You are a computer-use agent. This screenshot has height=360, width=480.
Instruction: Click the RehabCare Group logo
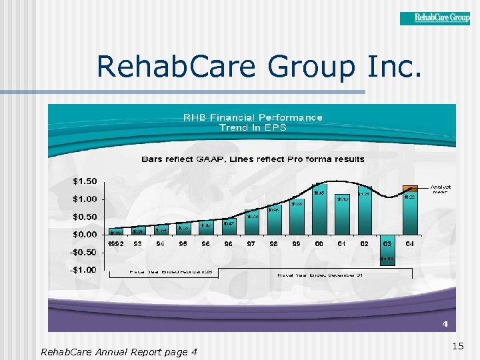pyautogui.click(x=435, y=18)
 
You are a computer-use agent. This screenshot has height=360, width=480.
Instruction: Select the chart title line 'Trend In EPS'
pyautogui.click(x=253, y=127)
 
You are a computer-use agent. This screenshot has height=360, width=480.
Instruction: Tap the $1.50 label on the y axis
pyautogui.click(x=84, y=181)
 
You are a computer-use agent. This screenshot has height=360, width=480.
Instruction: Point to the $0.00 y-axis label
pyautogui.click(x=84, y=234)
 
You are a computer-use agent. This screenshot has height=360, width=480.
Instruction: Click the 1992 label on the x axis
pyautogui.click(x=116, y=244)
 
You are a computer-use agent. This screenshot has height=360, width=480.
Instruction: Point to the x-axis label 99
pyautogui.click(x=297, y=244)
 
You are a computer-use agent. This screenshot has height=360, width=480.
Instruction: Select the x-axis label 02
pyautogui.click(x=365, y=244)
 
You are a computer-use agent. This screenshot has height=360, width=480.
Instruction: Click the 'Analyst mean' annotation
pyautogui.click(x=441, y=189)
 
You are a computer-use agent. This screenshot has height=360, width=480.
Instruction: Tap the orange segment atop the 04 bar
pyautogui.click(x=410, y=188)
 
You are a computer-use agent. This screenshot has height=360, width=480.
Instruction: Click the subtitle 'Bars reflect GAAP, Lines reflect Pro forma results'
pyautogui.click(x=253, y=159)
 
